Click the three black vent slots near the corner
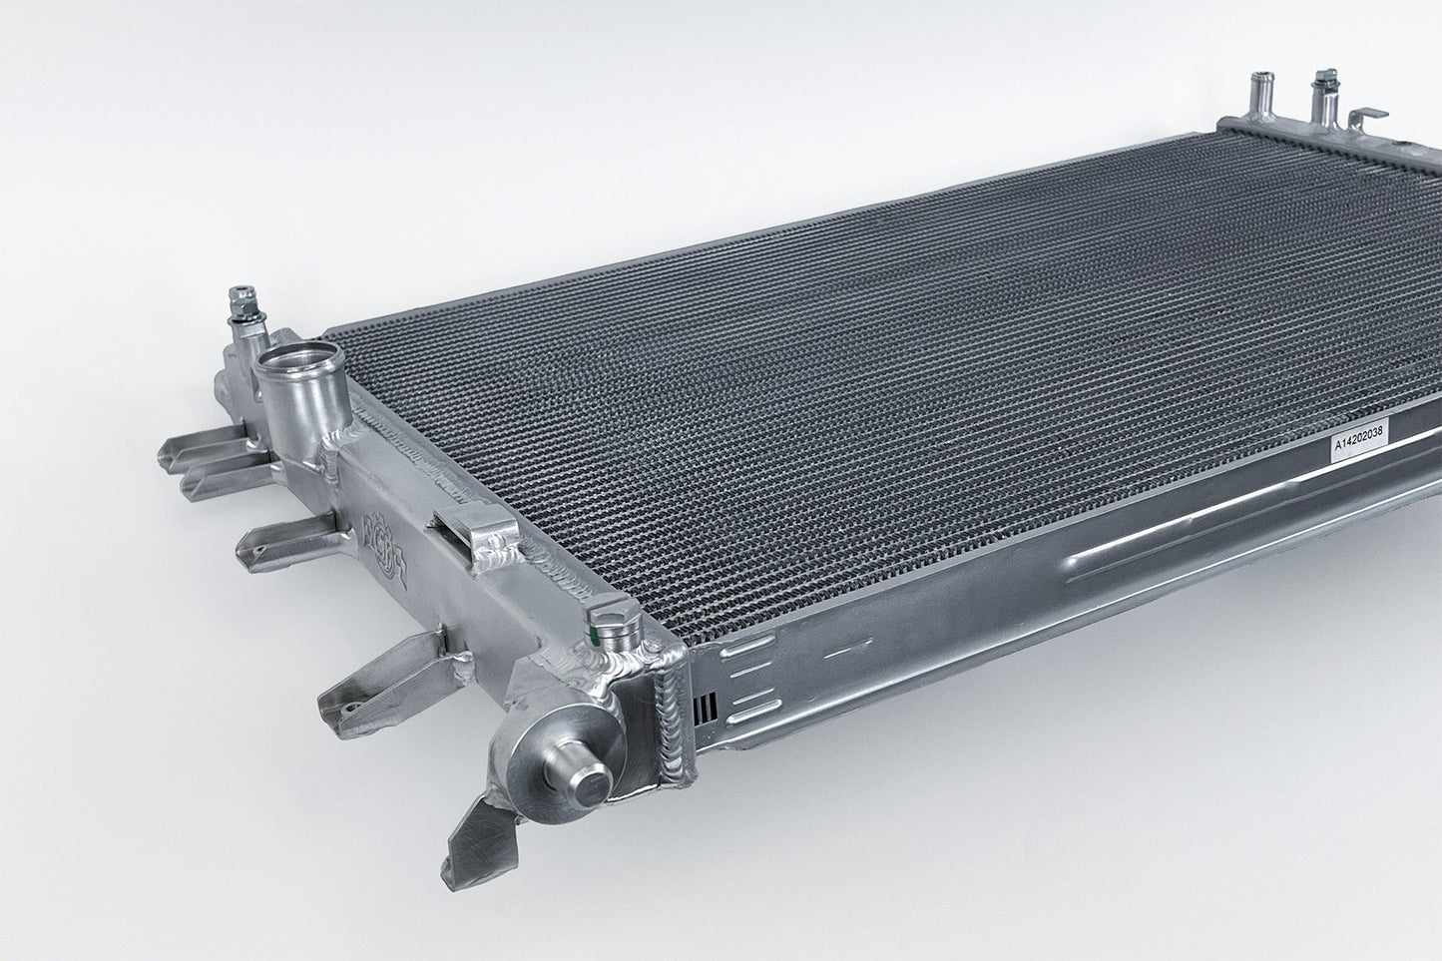coord(704,705)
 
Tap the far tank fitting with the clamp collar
coord(1324,94)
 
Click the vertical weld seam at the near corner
coord(672,728)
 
